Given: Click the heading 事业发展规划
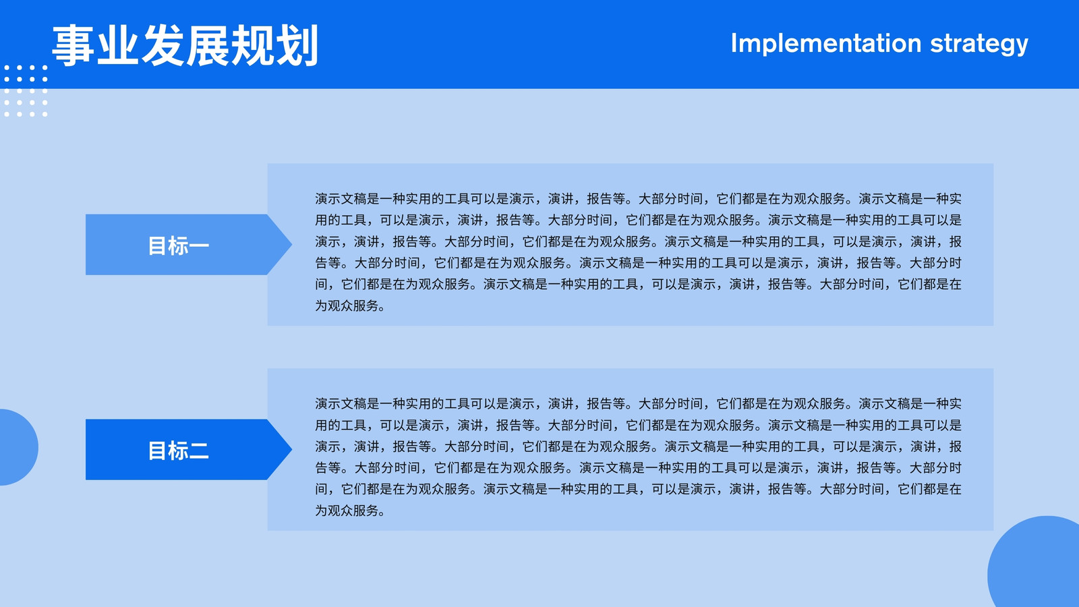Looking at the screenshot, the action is coord(185,45).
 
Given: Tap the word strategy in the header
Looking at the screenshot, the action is coord(979,45).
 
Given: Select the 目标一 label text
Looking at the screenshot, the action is coord(178,245).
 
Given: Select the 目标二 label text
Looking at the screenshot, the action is coord(178,451).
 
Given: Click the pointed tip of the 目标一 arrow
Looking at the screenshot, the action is coord(291,245).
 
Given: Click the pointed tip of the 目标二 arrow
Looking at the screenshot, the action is coord(291,449).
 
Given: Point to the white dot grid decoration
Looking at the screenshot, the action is coord(26,90).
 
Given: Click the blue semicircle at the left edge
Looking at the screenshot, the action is coord(18,447).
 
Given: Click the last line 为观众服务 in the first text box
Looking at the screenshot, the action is coord(350,306).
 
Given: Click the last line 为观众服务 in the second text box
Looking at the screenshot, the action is coord(350,511).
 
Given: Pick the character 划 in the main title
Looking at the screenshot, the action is coord(297,45).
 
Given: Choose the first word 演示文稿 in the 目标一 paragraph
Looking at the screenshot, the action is coord(341,199).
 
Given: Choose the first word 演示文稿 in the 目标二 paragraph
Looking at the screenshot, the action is coord(341,404).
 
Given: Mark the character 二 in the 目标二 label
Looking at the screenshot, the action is coord(199,451).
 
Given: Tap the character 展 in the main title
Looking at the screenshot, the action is coord(208,45).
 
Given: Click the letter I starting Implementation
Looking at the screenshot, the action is coord(734,43).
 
